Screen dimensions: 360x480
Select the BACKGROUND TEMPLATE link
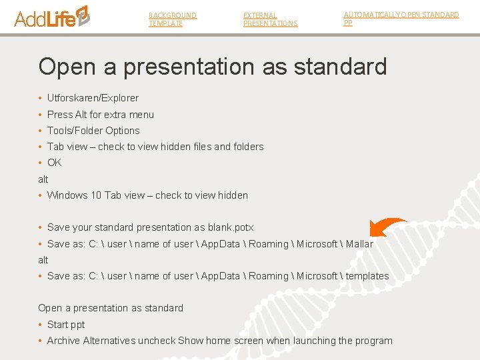point(172,19)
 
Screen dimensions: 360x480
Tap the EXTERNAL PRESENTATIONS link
point(270,19)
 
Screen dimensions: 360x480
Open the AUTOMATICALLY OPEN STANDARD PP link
point(401,18)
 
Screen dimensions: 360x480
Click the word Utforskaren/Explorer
point(93,98)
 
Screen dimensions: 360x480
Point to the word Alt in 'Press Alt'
point(81,115)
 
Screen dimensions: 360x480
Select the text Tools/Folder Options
point(93,131)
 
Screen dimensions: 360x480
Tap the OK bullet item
point(54,163)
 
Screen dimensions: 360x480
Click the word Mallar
point(359,244)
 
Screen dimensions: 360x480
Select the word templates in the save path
point(367,276)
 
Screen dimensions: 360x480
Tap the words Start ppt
point(66,325)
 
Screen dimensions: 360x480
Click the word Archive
point(63,341)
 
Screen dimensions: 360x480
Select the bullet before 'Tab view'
point(41,147)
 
